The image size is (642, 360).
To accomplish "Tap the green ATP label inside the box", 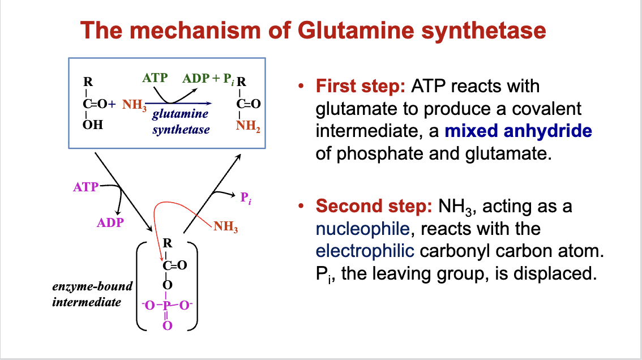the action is click(155, 78).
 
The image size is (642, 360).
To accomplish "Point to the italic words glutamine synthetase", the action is click(181, 121).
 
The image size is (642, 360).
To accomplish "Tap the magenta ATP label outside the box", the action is click(85, 186).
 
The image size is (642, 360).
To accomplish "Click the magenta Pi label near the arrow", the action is click(245, 198).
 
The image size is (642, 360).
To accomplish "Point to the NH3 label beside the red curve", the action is click(225, 229).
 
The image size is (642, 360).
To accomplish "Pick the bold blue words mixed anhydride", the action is click(518, 131).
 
